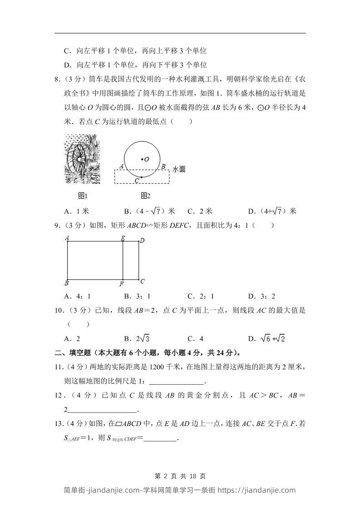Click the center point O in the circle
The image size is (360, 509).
tap(142, 159)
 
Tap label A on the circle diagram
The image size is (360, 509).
tap(122, 166)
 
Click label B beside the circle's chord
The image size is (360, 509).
tap(163, 166)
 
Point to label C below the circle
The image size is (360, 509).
tap(137, 181)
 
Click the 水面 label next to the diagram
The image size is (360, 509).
tap(179, 169)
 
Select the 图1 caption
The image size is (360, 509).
tap(83, 196)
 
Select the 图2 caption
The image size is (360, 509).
tap(145, 196)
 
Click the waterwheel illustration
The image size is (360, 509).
tap(82, 159)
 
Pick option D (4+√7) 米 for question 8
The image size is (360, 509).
tap(272, 211)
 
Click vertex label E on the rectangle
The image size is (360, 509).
tap(123, 238)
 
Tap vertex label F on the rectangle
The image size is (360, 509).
tap(122, 284)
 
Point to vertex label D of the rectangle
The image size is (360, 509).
tap(142, 240)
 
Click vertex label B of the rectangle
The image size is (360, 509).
tap(67, 284)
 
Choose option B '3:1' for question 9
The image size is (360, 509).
tap(137, 296)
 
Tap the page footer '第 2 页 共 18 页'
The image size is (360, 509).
tap(180, 476)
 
